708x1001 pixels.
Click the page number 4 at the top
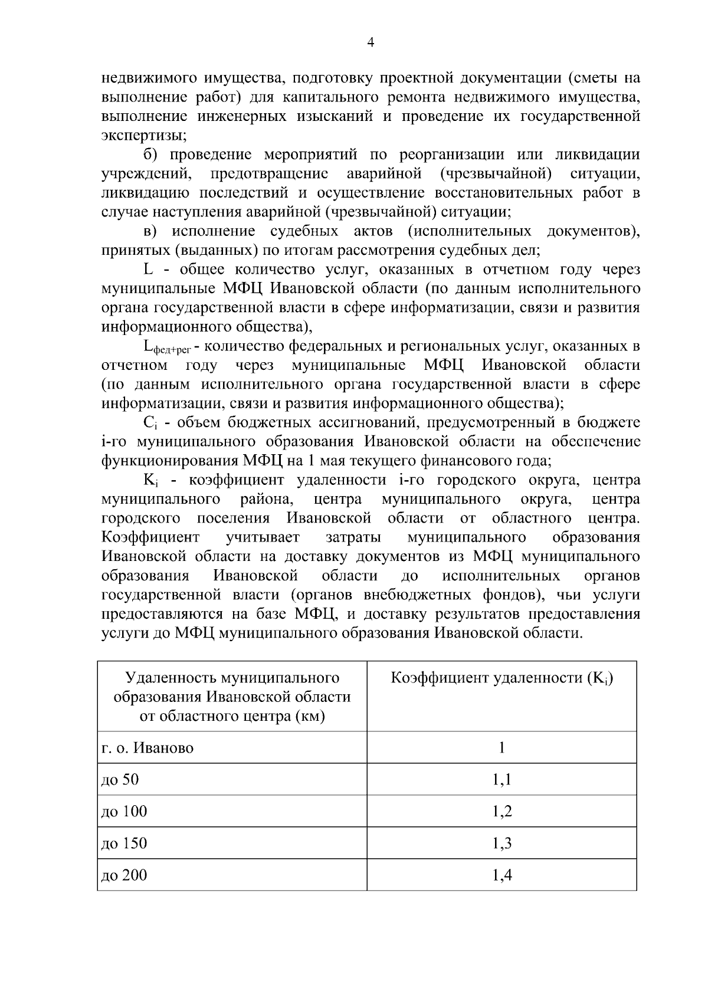pos(371,42)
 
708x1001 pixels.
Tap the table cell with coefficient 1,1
pos(501,780)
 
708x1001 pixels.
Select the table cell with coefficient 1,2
pos(501,812)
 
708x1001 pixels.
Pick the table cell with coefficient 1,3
pos(501,844)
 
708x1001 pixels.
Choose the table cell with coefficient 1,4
pos(501,875)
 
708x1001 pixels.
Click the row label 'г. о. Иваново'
pos(147,749)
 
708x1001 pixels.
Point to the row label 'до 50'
pos(120,780)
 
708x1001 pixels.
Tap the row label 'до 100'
pos(124,812)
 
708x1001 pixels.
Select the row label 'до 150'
pos(124,844)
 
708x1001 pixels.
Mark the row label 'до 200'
pos(124,875)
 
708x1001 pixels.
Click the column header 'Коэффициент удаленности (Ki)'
pos(501,678)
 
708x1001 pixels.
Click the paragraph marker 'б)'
pos(150,155)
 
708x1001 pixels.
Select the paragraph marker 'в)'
pos(150,231)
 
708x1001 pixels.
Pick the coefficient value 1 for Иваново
pos(501,748)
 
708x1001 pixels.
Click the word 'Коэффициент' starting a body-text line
pos(150,538)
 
